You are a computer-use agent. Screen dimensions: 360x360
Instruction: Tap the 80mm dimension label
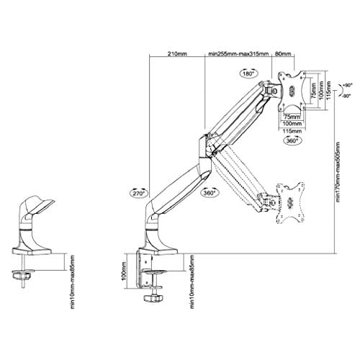(282, 53)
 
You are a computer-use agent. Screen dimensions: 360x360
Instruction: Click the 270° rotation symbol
(138, 193)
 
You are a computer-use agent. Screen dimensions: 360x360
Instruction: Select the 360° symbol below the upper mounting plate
(292, 141)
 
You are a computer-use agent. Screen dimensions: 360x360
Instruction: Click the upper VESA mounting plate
(291, 89)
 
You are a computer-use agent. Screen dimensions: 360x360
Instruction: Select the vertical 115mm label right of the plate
(327, 89)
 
